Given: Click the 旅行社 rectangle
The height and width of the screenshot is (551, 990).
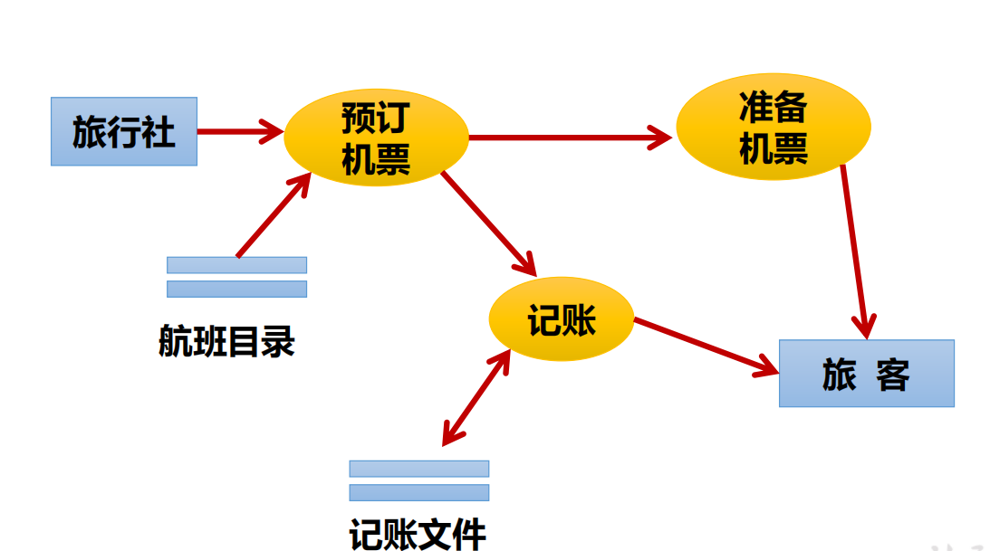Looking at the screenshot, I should tap(123, 131).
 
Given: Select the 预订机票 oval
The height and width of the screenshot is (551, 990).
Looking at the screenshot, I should tap(376, 138).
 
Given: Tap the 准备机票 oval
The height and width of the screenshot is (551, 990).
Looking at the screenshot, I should tap(773, 127).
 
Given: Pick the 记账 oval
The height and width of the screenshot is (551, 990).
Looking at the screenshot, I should tap(561, 319).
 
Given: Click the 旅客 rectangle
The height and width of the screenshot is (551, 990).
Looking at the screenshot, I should tap(866, 373).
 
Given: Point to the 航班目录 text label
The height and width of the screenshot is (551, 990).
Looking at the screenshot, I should tap(226, 343).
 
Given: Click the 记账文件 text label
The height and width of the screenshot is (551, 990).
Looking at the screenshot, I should tap(418, 533).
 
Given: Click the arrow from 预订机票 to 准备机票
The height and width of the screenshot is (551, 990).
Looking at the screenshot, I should tap(571, 138).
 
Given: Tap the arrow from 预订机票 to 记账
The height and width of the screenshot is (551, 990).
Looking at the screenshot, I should tap(489, 223).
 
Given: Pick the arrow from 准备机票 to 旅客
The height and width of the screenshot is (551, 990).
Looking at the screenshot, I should tap(856, 249).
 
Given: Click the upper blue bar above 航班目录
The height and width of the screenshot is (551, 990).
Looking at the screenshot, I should tap(236, 265).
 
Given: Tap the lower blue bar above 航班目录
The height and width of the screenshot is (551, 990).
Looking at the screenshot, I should tap(236, 289).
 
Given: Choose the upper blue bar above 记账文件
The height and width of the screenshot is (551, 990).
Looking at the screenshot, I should tap(418, 469).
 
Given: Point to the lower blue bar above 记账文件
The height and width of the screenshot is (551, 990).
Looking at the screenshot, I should tap(418, 492).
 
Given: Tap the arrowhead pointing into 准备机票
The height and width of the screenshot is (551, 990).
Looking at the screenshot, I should tap(661, 138).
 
